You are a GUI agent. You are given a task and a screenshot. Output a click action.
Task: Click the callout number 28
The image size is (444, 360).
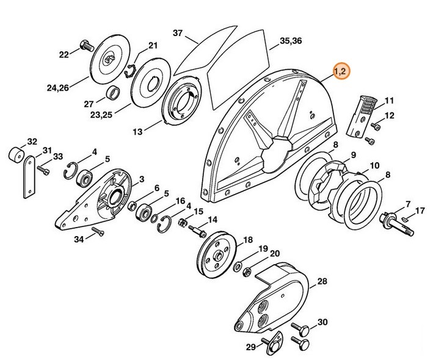(322, 281)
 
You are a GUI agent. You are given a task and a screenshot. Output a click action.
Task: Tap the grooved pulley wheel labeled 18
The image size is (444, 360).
(217, 253)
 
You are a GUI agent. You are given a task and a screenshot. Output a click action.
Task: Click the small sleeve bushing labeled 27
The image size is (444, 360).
(113, 93)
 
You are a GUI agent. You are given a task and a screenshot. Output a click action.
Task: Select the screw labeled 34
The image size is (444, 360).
(96, 232)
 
